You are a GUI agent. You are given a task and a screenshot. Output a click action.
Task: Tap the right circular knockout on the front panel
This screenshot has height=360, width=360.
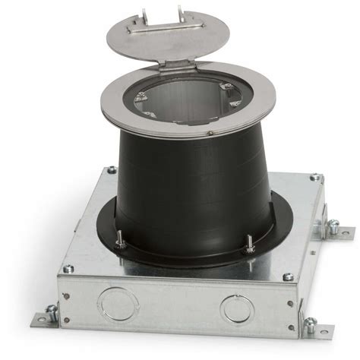235,308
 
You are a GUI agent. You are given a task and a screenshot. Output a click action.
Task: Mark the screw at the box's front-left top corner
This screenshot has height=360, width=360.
68,268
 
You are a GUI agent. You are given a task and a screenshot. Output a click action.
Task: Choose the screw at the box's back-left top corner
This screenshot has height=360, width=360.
112,170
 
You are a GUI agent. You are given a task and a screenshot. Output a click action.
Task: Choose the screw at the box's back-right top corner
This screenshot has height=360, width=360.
314,178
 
